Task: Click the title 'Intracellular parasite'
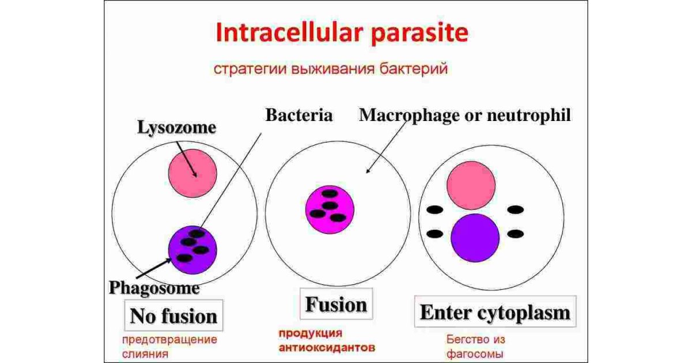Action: [x=341, y=34]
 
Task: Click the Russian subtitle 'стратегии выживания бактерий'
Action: [x=331, y=70]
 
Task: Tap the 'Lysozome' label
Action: [x=176, y=127]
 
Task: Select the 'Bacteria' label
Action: [x=299, y=115]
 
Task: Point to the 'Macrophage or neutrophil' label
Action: [x=465, y=115]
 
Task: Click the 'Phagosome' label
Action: [x=154, y=286]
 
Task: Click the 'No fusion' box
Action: [x=174, y=315]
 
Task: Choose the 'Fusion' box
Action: [x=336, y=304]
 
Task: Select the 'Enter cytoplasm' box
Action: [x=495, y=313]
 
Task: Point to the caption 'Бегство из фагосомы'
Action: [x=474, y=346]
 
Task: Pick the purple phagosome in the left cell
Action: [x=193, y=249]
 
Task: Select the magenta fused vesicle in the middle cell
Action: [x=329, y=210]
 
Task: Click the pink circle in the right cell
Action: [x=471, y=185]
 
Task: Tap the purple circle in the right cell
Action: [x=475, y=237]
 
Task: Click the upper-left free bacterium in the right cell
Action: [x=434, y=210]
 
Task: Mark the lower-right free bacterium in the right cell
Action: [x=515, y=233]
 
